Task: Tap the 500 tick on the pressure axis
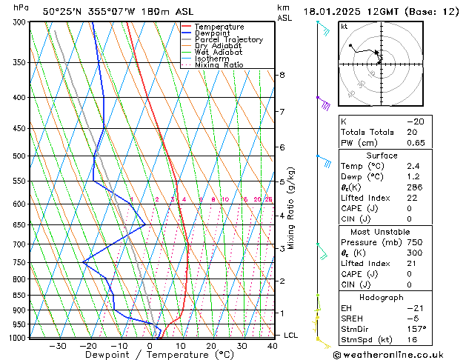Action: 19,156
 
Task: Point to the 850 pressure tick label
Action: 19,295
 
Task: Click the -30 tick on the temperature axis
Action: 58,346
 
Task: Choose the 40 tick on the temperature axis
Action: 273,346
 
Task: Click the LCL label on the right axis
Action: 291,336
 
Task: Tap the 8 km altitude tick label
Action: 282,75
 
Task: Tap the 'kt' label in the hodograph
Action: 344,26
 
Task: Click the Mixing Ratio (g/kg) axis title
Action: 291,208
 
